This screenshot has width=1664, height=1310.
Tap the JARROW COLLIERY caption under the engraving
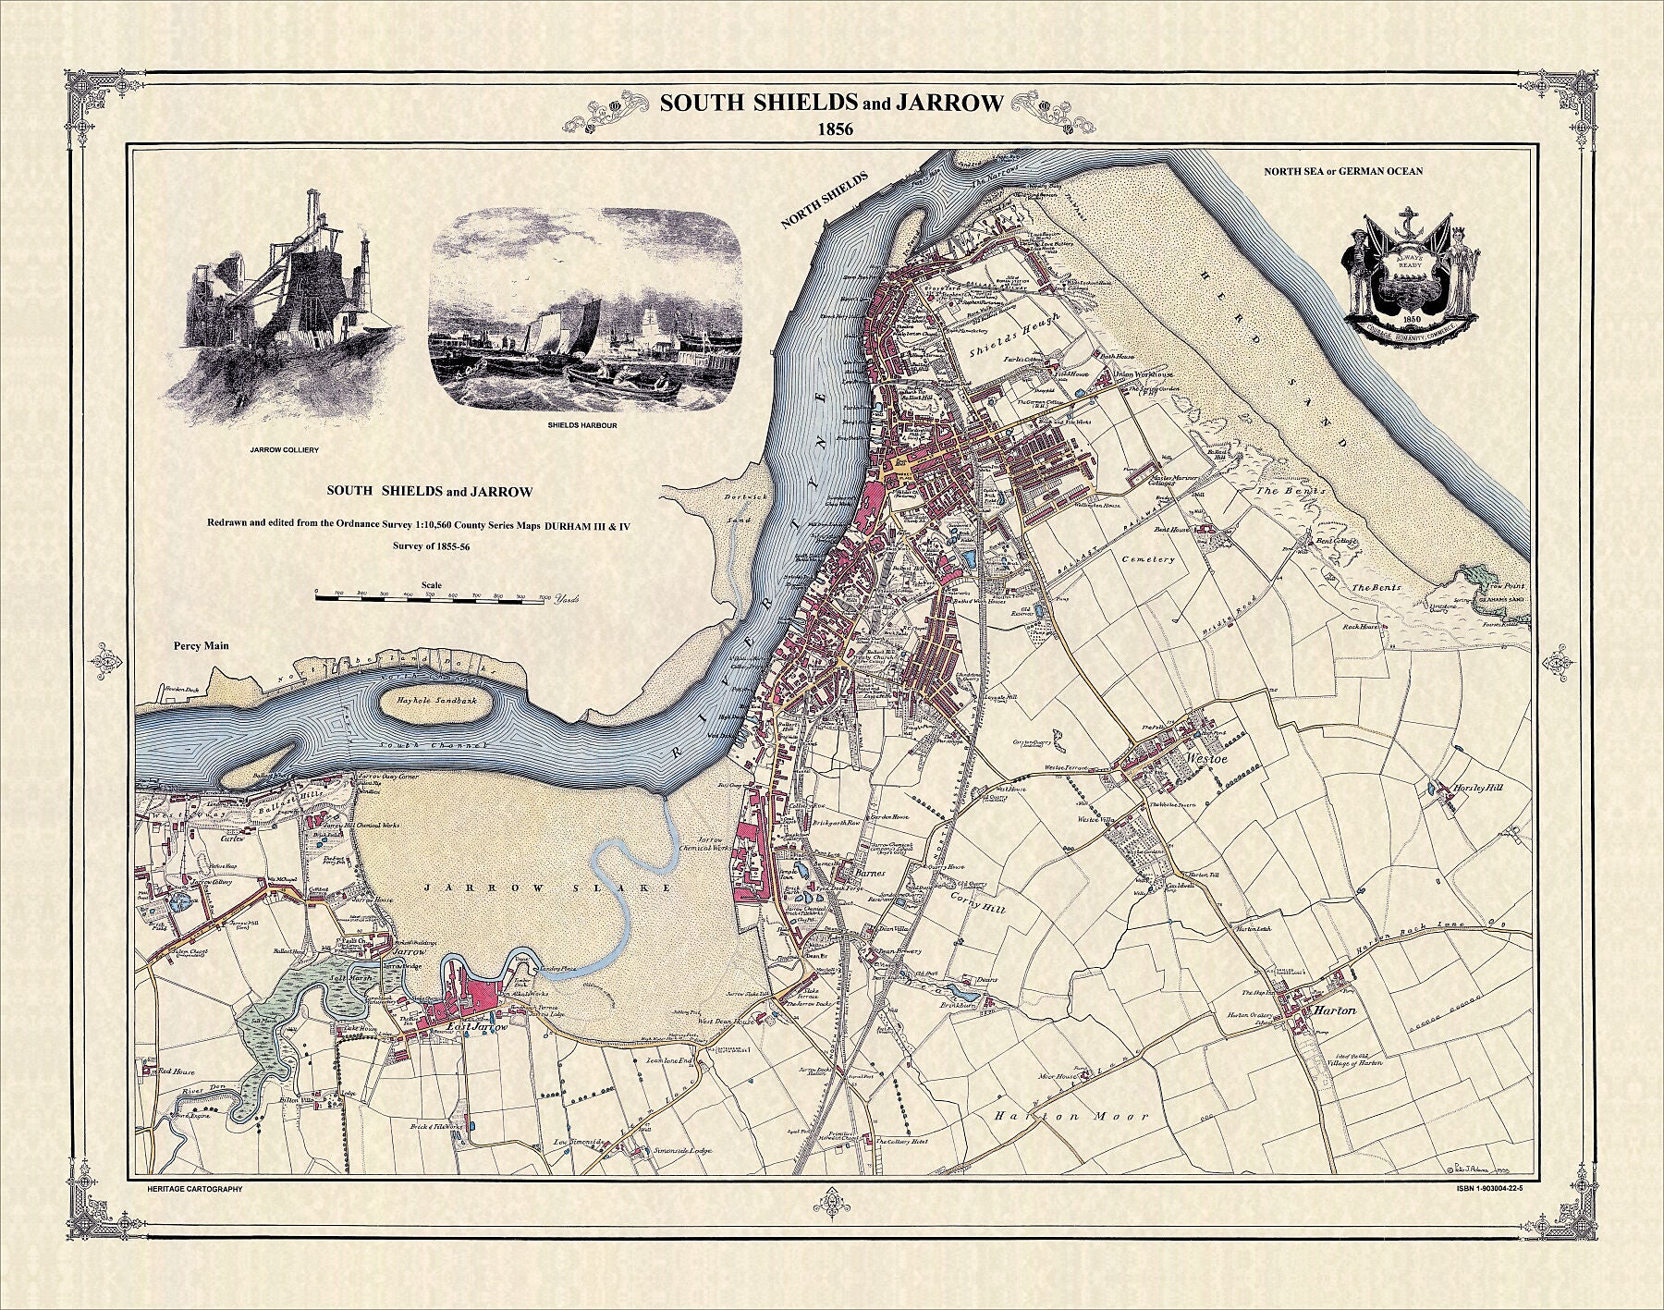(x=284, y=450)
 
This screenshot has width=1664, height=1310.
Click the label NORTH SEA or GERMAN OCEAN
(x=1343, y=171)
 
